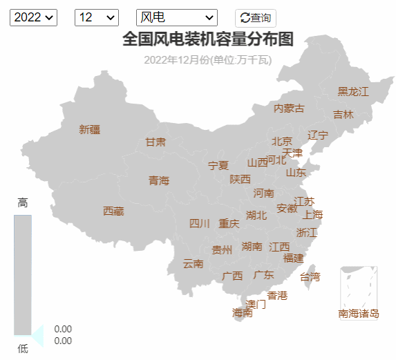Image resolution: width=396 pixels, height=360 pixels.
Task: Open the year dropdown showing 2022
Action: click(x=33, y=17)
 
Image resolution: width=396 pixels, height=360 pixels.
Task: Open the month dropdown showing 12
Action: click(x=95, y=17)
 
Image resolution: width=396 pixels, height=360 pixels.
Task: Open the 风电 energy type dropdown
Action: click(x=177, y=17)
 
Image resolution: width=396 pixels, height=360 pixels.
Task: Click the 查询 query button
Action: click(x=256, y=17)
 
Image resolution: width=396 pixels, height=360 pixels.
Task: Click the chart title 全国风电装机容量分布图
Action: click(x=208, y=39)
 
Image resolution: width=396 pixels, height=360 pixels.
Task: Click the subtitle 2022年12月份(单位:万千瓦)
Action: click(x=208, y=59)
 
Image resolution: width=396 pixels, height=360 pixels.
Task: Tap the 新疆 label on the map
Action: click(x=90, y=129)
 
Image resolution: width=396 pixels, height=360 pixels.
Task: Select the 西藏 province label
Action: click(x=113, y=211)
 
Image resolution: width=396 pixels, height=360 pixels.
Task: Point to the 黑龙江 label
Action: click(x=353, y=91)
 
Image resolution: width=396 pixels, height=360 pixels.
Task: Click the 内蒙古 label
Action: click(x=289, y=108)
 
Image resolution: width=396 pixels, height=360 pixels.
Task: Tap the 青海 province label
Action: click(x=159, y=180)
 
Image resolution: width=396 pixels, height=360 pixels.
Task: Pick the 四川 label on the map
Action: click(x=200, y=223)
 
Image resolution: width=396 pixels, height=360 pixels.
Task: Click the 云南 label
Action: click(x=194, y=263)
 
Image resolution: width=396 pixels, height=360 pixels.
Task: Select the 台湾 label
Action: click(x=310, y=277)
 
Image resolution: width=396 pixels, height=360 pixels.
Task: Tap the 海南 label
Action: click(x=243, y=312)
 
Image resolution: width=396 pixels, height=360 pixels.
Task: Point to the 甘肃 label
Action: click(x=155, y=142)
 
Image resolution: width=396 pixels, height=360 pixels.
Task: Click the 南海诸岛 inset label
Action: click(x=359, y=314)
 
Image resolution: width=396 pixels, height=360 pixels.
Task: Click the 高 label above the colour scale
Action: click(x=23, y=202)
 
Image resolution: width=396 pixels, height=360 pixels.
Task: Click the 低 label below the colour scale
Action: click(x=23, y=349)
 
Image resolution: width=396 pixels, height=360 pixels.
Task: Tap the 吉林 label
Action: click(x=343, y=114)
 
